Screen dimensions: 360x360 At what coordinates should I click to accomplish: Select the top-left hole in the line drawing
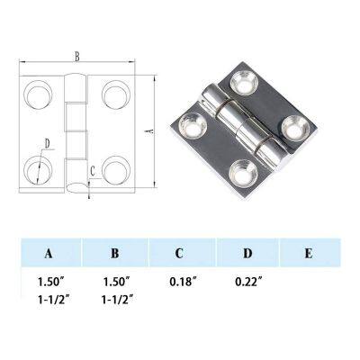[39, 94]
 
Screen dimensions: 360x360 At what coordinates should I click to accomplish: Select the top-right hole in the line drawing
[113, 94]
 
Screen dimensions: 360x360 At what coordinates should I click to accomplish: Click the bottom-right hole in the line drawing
[113, 168]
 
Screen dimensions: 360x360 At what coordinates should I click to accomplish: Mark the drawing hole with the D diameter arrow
[38, 168]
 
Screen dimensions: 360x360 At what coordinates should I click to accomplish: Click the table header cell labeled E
[308, 254]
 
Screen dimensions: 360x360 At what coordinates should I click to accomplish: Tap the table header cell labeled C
[180, 254]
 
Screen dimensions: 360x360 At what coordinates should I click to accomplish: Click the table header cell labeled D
[246, 254]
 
